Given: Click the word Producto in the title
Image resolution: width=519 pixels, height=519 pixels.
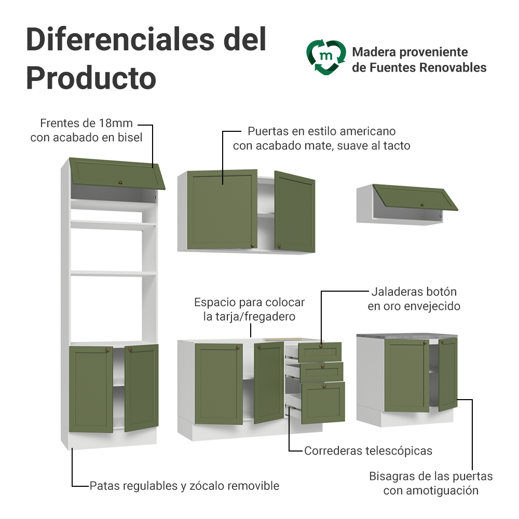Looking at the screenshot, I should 91,78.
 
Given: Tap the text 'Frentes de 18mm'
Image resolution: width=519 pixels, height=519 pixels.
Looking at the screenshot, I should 87,124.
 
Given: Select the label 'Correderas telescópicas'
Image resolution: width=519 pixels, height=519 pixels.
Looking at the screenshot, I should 368,451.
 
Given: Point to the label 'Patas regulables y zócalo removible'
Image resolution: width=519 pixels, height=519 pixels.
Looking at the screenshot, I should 184,486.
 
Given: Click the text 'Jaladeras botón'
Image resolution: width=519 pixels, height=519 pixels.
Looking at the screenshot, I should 414,292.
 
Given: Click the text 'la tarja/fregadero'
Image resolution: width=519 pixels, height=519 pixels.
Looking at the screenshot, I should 249,316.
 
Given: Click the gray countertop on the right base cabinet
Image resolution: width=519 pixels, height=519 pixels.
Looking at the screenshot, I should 408,337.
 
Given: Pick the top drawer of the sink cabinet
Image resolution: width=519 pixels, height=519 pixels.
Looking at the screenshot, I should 320,351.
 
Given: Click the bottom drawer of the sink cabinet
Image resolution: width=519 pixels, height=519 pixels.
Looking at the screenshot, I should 323,402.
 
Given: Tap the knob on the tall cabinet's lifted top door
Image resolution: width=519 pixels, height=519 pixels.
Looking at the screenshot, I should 120,182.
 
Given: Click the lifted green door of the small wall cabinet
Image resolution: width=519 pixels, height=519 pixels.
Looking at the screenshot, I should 416,198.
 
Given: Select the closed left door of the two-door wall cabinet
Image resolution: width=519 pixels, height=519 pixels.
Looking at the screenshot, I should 222,209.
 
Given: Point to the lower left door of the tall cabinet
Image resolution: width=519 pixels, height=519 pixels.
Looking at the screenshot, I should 91,389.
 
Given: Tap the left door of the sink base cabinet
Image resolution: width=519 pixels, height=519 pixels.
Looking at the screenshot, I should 218,383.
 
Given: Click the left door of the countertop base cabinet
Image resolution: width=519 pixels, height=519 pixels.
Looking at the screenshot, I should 407,375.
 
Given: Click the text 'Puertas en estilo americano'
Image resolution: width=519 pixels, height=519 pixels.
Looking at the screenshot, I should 321,131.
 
